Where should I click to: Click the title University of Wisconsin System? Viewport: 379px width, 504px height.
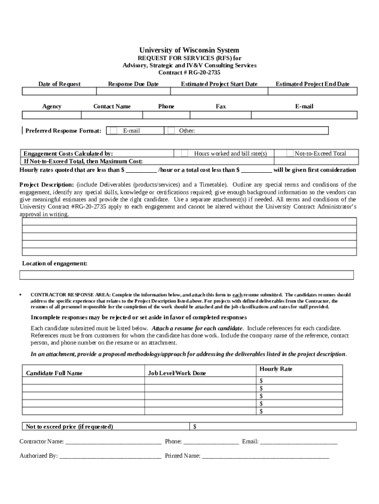tap(189, 50)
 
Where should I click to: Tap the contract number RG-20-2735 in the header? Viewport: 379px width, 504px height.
tap(197, 72)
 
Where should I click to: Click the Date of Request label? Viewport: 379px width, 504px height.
tap(60, 84)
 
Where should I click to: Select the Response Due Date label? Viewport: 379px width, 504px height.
tap(133, 84)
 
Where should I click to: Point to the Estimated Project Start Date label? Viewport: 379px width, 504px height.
tap(219, 84)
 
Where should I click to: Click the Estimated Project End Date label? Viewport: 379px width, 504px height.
tap(313, 84)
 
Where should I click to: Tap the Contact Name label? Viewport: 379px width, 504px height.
tap(112, 106)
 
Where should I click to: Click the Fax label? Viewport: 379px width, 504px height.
tap(221, 106)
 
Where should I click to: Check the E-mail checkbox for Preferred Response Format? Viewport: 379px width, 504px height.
tap(114, 131)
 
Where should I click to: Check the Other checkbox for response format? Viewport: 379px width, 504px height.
tap(171, 131)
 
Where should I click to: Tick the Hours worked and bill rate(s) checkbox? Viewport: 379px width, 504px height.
tap(185, 154)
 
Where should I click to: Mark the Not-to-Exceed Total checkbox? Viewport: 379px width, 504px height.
tap(290, 154)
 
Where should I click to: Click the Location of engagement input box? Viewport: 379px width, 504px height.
tap(187, 275)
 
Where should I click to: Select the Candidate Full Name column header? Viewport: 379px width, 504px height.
tap(54, 373)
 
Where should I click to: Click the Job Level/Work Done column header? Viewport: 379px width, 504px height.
tap(177, 373)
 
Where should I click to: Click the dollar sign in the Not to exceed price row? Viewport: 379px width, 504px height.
tap(195, 426)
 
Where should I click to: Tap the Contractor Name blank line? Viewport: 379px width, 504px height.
tap(113, 442)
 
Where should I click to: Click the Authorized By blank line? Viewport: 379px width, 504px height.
tap(110, 456)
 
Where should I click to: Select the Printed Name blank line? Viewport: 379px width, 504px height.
tap(265, 456)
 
